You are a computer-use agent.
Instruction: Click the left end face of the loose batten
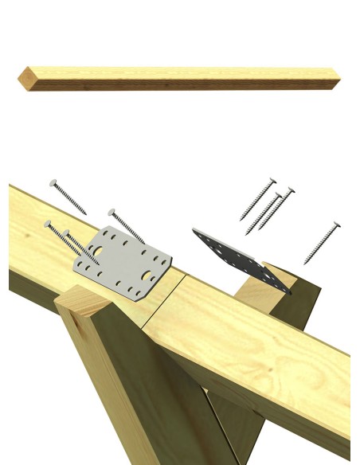[x=23, y=78]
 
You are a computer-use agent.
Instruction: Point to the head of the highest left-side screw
[x=53, y=183]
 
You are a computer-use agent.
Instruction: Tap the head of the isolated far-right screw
[x=337, y=225]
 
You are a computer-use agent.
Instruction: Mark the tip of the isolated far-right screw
[x=305, y=262]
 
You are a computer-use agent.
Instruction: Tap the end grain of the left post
[x=80, y=302]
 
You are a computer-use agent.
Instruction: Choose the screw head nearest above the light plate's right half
[x=112, y=213]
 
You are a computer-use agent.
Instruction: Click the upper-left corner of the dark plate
[x=195, y=232]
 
